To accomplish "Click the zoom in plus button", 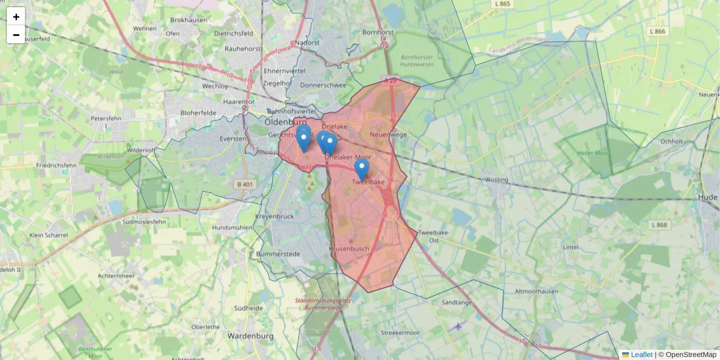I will coord(16,16).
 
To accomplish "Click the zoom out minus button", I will coord(16,35).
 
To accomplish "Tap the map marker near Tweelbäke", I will coord(361,169).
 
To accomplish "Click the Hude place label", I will coord(708,197).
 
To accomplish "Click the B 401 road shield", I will coord(245,184).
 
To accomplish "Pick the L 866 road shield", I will coord(658,31).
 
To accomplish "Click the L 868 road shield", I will coord(658,225).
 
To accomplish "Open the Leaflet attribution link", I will coord(641,355).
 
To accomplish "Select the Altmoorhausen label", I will coord(536,292).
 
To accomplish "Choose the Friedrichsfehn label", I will coord(56,165).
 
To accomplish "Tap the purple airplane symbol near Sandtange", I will coord(459,326).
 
